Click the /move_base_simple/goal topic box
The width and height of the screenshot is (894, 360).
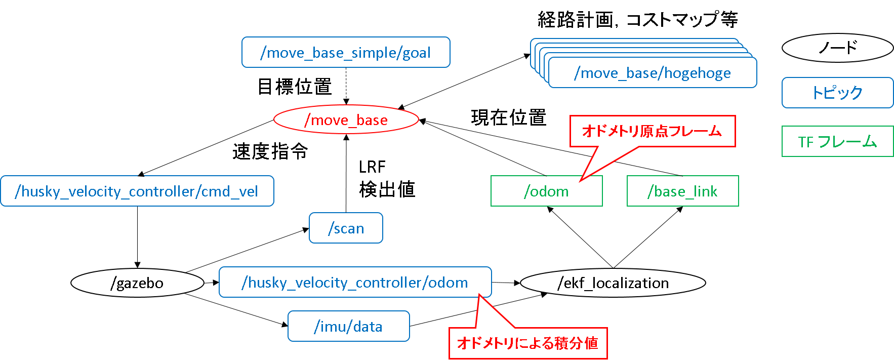[346, 52]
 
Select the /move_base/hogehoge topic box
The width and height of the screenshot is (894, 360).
[653, 73]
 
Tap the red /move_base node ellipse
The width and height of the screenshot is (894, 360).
[346, 120]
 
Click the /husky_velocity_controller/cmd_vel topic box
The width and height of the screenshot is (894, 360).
[137, 191]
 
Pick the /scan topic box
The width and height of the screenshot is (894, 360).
[346, 228]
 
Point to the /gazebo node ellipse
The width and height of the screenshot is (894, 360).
[137, 283]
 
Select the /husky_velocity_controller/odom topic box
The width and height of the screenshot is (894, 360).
[355, 282]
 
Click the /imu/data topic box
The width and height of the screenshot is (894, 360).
[348, 327]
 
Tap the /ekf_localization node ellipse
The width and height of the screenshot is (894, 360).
[613, 283]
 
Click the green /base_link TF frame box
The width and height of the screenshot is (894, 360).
[682, 191]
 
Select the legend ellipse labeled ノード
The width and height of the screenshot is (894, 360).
[837, 48]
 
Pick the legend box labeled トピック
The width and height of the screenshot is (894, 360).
[837, 93]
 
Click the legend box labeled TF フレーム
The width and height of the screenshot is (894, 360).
[837, 142]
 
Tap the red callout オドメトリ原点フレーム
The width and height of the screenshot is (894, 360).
[652, 131]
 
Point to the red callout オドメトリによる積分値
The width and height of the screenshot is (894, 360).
[527, 343]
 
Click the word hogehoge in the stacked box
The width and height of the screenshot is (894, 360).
[698, 73]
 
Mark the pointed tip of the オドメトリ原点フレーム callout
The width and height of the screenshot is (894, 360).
[581, 180]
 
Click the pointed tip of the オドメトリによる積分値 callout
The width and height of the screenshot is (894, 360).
[479, 295]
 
